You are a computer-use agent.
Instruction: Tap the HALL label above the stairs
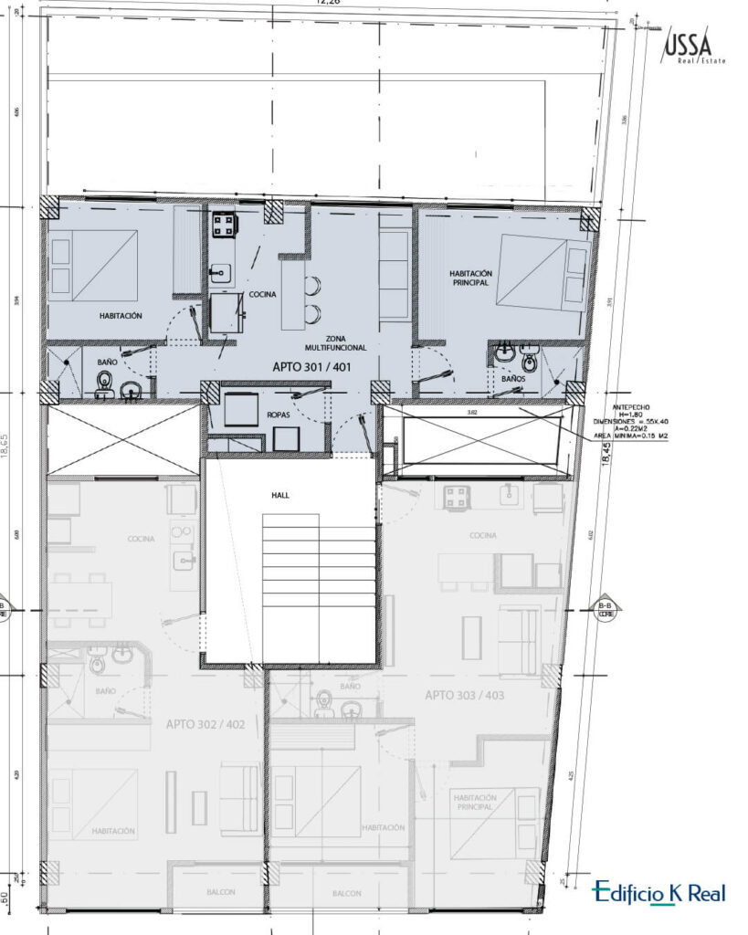coord(279,494)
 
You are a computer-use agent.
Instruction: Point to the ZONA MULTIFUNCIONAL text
coord(336,342)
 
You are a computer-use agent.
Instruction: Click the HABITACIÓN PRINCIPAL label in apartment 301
coord(470,278)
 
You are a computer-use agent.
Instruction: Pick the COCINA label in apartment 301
coord(262,294)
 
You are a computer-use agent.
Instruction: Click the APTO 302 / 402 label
coord(205,724)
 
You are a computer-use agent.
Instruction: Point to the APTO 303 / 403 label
coord(464,695)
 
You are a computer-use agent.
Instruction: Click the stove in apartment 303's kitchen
coord(457,498)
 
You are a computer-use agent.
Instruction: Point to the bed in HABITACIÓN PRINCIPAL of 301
coord(543,272)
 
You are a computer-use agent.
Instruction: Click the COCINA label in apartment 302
coord(142,539)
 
